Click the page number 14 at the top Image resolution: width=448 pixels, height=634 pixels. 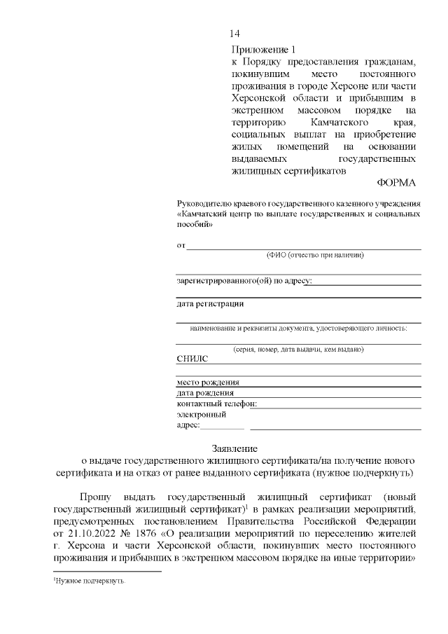(x=235, y=34)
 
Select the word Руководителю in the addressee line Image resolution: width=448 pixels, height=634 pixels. (x=202, y=202)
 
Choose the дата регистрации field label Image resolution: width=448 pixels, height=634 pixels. (x=210, y=303)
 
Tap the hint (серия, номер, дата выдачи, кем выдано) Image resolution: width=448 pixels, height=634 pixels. (x=298, y=349)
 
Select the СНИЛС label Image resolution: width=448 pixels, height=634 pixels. (x=192, y=359)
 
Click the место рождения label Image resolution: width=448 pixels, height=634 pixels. (x=208, y=383)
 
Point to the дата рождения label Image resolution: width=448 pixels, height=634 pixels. (x=205, y=393)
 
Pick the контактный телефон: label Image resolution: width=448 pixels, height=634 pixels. (x=217, y=404)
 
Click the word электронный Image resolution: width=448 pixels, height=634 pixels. (x=201, y=414)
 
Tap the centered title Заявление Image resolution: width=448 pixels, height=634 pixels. (x=235, y=448)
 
